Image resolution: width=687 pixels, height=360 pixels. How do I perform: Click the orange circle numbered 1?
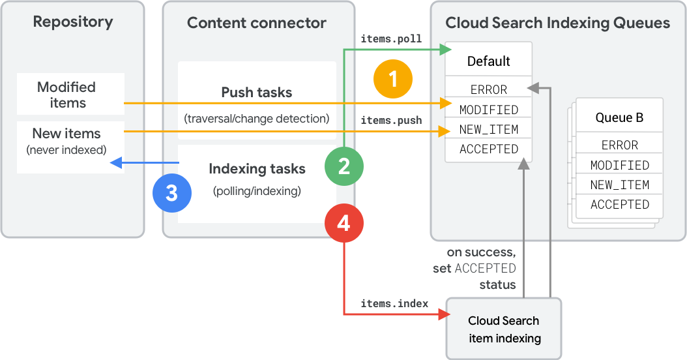tap(393, 79)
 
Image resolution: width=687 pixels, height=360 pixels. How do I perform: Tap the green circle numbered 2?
tap(344, 166)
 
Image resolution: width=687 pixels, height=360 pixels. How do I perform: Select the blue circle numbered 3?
tap(171, 193)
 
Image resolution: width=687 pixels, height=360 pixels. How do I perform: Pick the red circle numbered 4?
tap(344, 224)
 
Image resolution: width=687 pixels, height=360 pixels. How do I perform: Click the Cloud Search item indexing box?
tap(504, 329)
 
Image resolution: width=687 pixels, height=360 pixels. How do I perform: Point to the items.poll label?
tap(391, 38)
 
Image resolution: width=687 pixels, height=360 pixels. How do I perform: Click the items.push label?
tap(391, 121)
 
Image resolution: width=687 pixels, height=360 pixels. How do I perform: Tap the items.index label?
tap(394, 304)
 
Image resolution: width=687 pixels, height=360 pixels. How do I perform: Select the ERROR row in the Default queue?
tap(488, 89)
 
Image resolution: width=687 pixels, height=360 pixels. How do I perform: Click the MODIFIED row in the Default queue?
tap(488, 110)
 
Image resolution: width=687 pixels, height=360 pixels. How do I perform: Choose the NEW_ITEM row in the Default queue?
tap(488, 129)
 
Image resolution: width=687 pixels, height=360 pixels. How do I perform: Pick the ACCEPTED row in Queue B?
tap(619, 204)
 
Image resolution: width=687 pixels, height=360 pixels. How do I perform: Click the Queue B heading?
tap(619, 118)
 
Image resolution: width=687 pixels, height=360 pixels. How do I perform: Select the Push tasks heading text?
tap(256, 93)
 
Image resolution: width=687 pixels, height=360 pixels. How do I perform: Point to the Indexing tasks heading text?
tap(256, 169)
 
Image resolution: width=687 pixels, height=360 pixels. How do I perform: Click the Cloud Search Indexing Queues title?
tap(557, 23)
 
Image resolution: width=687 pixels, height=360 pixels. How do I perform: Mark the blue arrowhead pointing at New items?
tap(116, 162)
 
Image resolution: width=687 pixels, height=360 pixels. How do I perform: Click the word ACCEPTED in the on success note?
tap(485, 269)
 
